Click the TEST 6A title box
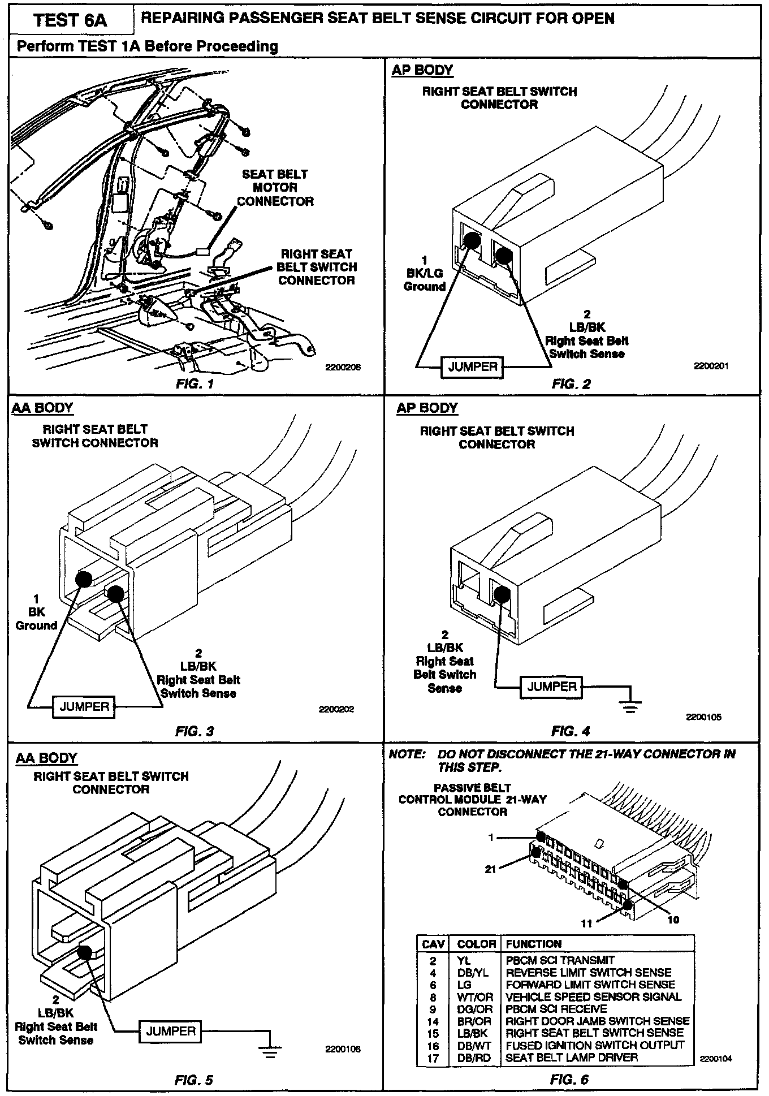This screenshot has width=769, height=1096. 70,20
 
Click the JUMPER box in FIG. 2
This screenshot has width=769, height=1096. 473,367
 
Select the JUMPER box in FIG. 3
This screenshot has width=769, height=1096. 84,706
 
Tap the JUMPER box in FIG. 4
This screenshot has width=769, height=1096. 552,687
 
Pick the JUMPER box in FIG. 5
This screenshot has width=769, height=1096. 171,1031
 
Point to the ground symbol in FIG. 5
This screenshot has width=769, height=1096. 271,1051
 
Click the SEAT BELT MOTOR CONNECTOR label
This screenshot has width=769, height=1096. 275,188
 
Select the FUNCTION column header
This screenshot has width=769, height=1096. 533,944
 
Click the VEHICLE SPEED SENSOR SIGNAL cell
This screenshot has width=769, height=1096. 593,997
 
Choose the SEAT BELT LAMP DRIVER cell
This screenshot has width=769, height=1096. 572,1058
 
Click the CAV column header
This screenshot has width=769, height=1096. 433,944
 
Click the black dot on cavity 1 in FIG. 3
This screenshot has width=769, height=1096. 84,579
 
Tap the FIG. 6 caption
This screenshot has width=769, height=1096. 569,1080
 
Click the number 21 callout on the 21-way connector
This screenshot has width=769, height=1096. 490,869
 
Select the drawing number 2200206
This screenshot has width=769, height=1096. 343,367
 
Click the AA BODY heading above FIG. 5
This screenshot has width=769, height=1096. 46,758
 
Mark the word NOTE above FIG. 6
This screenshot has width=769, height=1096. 407,754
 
